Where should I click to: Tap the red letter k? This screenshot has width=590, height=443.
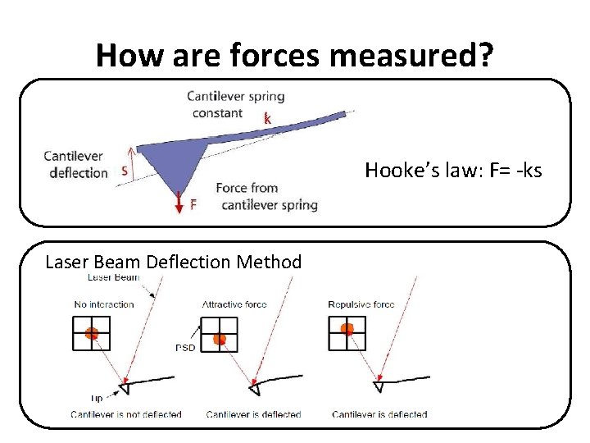(x=267, y=119)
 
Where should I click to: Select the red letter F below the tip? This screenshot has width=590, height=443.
(x=193, y=205)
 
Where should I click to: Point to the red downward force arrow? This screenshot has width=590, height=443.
(x=179, y=202)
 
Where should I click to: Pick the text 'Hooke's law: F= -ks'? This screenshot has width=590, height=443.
(x=453, y=171)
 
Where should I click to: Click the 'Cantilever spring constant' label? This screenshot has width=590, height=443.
(x=236, y=104)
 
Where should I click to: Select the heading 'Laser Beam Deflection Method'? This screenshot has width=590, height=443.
(x=174, y=263)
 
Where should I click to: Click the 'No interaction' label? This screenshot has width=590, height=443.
(x=104, y=304)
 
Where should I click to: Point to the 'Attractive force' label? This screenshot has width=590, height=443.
(x=234, y=304)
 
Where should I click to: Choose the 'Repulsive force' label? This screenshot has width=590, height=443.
(x=361, y=304)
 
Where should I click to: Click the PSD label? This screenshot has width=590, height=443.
(x=185, y=347)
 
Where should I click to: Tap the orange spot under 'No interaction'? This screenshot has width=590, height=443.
(x=92, y=333)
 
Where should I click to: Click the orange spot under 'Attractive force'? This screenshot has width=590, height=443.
(x=219, y=339)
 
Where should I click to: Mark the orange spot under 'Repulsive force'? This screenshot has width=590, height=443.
(x=347, y=329)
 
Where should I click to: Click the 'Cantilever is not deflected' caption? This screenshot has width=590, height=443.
(x=126, y=414)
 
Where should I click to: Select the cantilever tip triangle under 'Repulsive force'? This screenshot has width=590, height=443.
(x=379, y=385)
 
